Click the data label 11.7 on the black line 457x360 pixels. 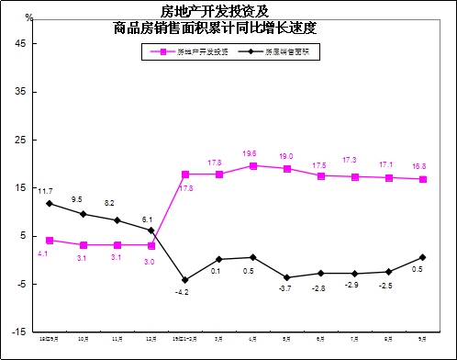click(44, 189)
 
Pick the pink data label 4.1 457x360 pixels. click(43, 253)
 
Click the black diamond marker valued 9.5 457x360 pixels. click(84, 214)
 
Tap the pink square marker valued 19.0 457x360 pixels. click(287, 169)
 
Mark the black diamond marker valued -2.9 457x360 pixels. click(355, 274)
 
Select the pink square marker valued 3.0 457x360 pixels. click(151, 245)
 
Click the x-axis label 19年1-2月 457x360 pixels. click(184, 339)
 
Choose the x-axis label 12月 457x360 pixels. click(151, 339)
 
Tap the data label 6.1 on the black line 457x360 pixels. click(147, 219)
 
